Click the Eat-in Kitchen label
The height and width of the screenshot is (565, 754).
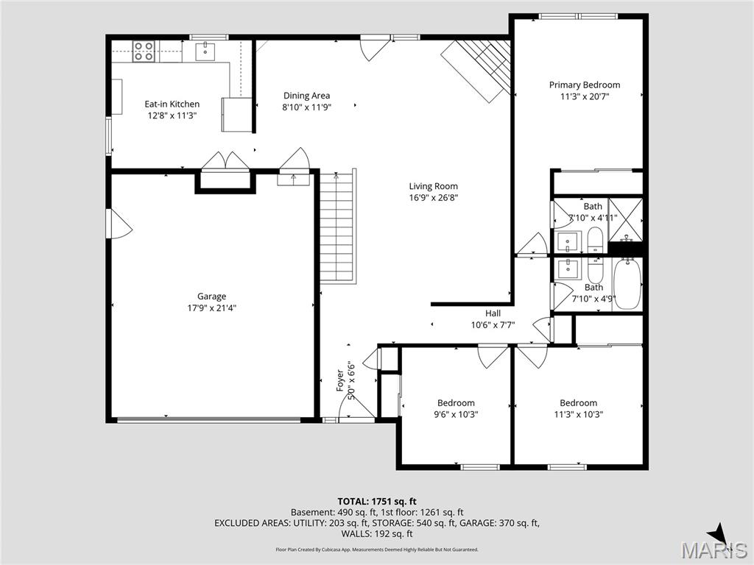coord(172,104)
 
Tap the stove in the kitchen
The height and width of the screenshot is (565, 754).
coord(144,51)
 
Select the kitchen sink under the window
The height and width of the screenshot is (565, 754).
coord(205,51)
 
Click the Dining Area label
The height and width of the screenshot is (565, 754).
coord(306,95)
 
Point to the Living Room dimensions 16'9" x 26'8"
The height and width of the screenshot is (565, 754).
coord(434,197)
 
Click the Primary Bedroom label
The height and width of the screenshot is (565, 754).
coord(584,85)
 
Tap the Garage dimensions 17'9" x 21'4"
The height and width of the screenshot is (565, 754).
coord(211,308)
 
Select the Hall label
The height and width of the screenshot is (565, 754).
coord(493,313)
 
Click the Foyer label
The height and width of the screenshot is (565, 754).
coord(340,375)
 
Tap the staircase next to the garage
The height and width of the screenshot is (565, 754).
coord(337,227)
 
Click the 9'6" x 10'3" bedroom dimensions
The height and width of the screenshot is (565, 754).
coord(456,413)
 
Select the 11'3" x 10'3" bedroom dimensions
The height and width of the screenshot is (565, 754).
coord(578,413)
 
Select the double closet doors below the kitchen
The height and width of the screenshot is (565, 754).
coord(225,162)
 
